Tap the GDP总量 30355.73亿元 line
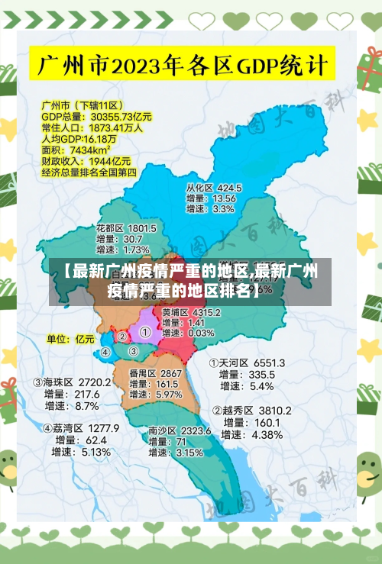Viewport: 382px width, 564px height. (96, 117)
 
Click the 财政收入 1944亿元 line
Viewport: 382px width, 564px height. (86, 162)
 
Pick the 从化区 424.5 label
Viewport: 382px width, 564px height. (214, 187)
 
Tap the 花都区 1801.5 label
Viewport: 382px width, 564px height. (126, 228)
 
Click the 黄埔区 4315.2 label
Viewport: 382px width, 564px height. (191, 312)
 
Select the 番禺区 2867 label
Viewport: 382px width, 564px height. (155, 373)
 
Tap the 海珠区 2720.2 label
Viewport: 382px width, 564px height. (72, 382)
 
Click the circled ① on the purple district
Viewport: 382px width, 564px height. (144, 333)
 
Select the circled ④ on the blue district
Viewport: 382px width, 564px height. (105, 353)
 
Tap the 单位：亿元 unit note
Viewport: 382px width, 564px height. (70, 338)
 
